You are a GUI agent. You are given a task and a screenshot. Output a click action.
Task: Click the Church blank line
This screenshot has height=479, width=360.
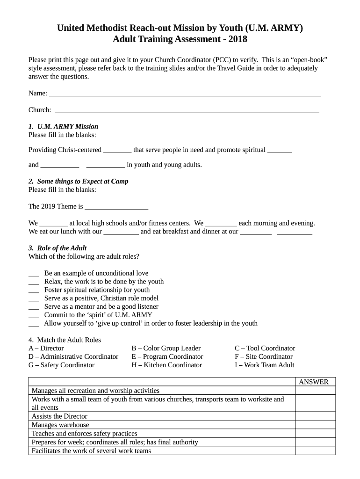point(187,111)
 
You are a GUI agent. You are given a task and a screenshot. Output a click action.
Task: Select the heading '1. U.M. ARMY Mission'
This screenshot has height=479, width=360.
point(63,126)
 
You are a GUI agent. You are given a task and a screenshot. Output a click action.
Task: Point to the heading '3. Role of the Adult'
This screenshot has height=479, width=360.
point(58,248)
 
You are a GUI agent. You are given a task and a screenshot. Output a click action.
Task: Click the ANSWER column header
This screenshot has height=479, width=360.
point(314,382)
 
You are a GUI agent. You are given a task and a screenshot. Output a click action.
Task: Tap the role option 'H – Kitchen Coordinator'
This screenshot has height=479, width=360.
point(166,365)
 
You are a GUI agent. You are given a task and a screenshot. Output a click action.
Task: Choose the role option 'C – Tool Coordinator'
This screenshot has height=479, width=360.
point(265,348)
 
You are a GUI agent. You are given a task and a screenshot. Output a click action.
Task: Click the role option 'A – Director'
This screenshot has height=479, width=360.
point(46,348)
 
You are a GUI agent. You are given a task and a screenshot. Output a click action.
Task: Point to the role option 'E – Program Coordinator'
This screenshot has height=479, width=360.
point(167,356)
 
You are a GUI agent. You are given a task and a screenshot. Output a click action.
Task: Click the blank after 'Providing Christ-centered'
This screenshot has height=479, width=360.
point(117,151)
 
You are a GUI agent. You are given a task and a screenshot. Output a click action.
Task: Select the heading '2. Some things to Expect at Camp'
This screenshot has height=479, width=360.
point(78,181)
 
